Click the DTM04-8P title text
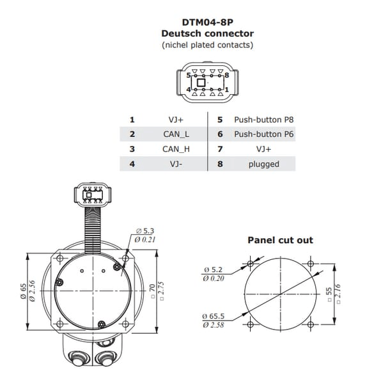(x=207, y=22)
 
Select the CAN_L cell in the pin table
(x=176, y=134)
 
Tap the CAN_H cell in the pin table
(x=176, y=149)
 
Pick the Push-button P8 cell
(x=263, y=120)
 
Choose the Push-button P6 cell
(x=263, y=134)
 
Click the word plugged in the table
(x=263, y=164)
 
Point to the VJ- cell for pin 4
(x=176, y=164)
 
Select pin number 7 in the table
(x=220, y=149)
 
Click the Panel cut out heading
(x=280, y=240)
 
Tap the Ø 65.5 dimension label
(x=214, y=316)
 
